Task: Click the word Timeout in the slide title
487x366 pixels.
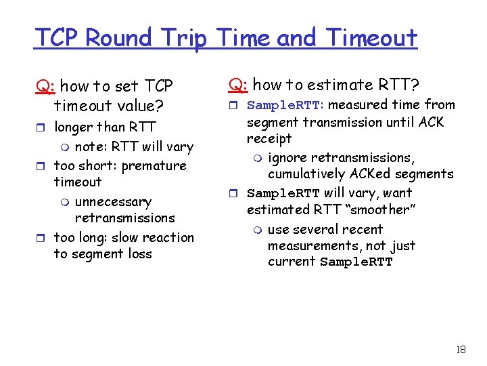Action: tap(372, 38)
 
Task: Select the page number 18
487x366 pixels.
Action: tap(461, 350)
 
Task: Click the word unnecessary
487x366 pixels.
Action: tap(113, 202)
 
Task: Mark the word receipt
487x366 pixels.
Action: tap(269, 138)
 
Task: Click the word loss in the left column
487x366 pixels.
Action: tap(138, 254)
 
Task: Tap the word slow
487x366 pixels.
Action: tap(127, 238)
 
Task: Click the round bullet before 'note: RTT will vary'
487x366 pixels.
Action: tap(65, 147)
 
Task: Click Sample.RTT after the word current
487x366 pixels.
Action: tap(356, 262)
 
